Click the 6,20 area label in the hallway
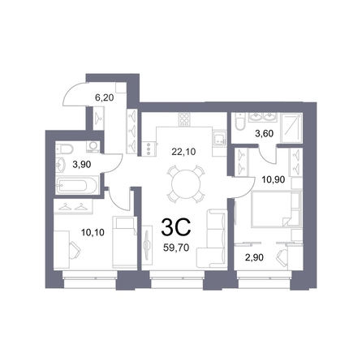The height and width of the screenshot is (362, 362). coord(104,97)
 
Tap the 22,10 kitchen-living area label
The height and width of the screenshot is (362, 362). coord(183,152)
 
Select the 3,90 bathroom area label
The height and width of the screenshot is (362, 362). coord(82,164)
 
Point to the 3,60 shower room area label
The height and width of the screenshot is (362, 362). coord(265,134)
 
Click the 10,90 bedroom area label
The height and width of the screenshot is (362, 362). coord(273,179)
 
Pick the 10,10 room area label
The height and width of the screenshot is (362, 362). coord(93,232)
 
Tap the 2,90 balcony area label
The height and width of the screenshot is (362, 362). coord(254,257)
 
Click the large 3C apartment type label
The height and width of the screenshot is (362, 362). coord(176,227)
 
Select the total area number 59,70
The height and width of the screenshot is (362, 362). coord(176,248)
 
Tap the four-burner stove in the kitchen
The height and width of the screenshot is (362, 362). coord(184,119)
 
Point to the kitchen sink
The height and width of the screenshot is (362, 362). coord(218,139)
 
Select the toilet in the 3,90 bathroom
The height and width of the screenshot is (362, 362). coord(65,149)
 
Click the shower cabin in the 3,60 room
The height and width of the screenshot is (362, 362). coord(291,127)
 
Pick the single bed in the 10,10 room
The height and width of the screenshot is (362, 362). coord(124,242)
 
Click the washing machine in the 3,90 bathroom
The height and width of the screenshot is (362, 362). coord(93,146)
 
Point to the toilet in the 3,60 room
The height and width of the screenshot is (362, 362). coord(240,123)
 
